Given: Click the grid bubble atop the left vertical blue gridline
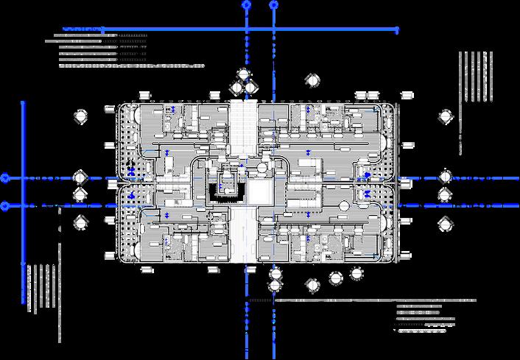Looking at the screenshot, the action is pos(246,4).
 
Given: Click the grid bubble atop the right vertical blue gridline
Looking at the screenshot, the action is pos(274,4).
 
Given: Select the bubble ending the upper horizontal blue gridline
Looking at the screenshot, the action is pos(5,178).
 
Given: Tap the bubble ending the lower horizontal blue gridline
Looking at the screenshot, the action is pos(5,206).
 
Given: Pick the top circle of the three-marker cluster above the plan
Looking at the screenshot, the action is pos(243,74).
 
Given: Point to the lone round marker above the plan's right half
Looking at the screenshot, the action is pos(312,80).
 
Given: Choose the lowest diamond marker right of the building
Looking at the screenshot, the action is pos(446,222).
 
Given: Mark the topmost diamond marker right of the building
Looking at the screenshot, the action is pos(446,117).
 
